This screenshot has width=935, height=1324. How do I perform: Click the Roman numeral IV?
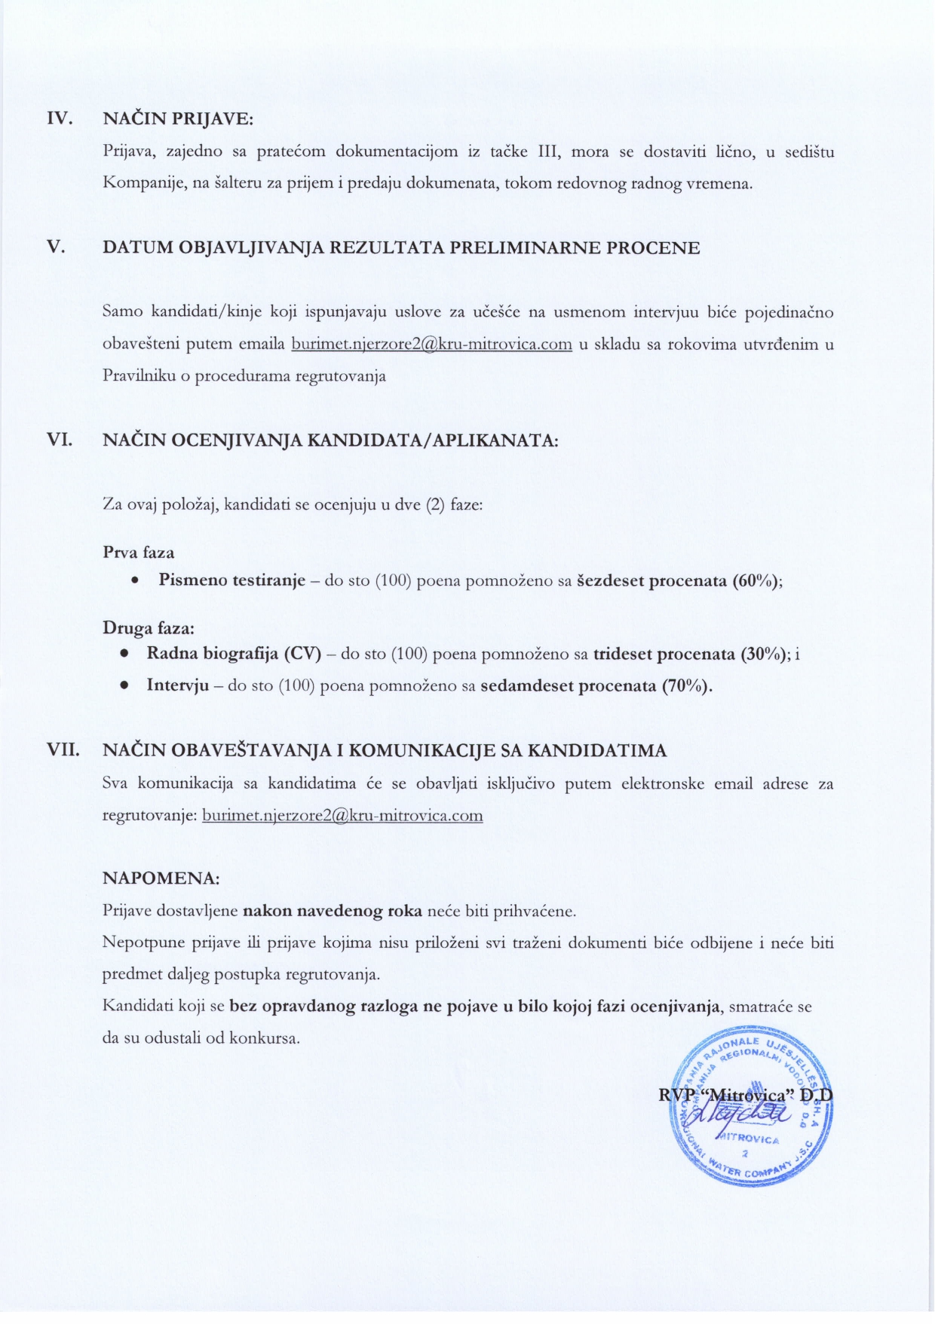pyautogui.click(x=60, y=119)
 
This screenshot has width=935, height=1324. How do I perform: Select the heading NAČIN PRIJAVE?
pyautogui.click(x=178, y=119)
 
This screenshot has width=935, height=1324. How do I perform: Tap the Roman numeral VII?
pyautogui.click(x=63, y=750)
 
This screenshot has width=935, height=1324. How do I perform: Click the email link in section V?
pyautogui.click(x=431, y=345)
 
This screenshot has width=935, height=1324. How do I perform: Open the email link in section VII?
pyautogui.click(x=342, y=815)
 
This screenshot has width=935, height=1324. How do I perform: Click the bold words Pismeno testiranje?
pyautogui.click(x=231, y=581)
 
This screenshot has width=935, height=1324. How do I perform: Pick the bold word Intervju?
pyautogui.click(x=178, y=686)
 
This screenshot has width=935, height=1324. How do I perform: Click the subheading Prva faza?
pyautogui.click(x=139, y=553)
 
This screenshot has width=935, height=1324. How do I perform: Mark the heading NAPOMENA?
pyautogui.click(x=161, y=878)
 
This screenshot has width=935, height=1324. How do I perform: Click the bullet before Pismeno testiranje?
pyautogui.click(x=134, y=581)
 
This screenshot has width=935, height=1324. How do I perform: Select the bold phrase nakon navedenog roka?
pyautogui.click(x=333, y=911)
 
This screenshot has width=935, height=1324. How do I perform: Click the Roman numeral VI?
pyautogui.click(x=60, y=439)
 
